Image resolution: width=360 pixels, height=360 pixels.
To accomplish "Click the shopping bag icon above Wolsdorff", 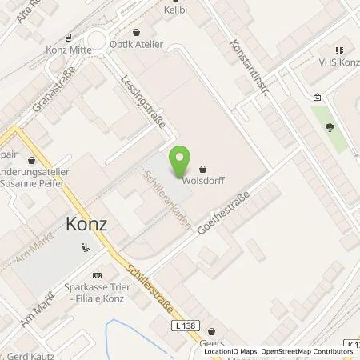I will coord(202,169).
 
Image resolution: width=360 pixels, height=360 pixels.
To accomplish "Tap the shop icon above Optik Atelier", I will coord(138,33).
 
